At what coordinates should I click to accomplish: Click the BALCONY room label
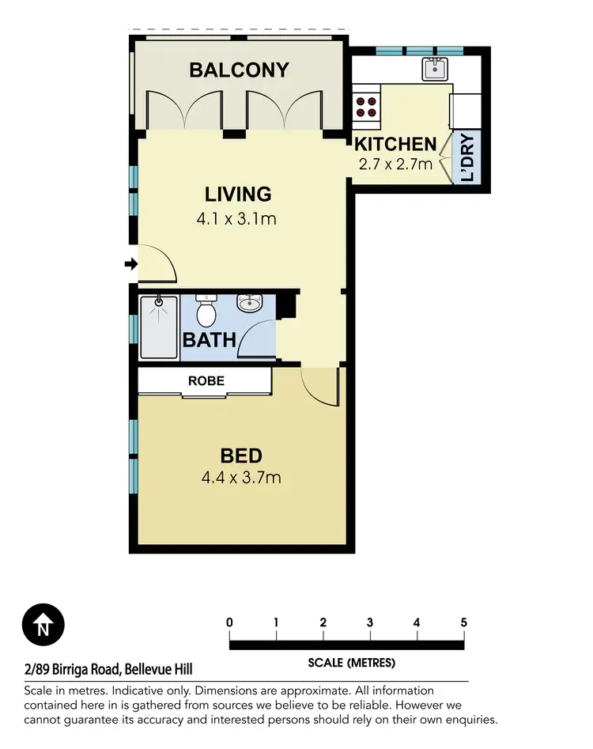239,70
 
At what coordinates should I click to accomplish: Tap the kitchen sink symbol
434,70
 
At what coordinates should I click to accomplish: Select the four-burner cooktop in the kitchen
365,107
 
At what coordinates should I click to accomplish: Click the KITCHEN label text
395,144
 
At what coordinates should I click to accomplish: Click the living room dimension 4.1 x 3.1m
236,218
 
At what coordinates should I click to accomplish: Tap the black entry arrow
130,264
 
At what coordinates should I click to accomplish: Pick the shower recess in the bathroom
158,327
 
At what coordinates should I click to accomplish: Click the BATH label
210,340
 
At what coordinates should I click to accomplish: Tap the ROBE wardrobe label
206,381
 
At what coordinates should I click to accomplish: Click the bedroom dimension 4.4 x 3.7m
241,478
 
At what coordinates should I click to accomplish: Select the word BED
241,456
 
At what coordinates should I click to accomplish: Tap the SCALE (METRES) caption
352,663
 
